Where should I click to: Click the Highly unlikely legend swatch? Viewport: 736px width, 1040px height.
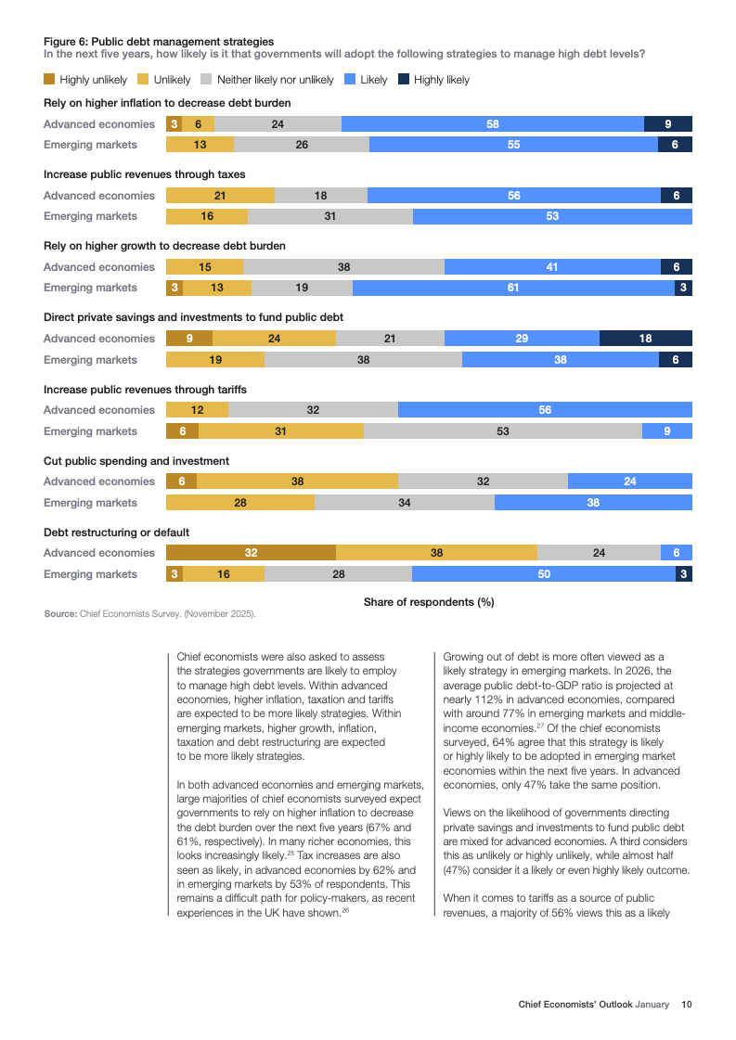click(50, 80)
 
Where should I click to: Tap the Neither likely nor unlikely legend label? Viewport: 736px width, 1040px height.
click(275, 80)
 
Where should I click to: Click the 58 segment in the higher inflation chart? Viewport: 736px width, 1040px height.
click(493, 124)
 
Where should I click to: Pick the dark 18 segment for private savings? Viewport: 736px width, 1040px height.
click(646, 339)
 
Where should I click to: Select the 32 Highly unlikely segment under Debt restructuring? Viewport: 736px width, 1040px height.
click(251, 553)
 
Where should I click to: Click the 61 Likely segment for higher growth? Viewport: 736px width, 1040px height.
click(513, 288)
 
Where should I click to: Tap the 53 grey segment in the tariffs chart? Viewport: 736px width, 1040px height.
click(503, 431)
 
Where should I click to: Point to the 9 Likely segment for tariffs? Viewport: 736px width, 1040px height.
click(667, 431)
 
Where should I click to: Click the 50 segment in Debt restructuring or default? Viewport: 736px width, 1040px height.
click(544, 574)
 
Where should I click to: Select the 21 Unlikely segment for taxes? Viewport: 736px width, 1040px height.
click(220, 196)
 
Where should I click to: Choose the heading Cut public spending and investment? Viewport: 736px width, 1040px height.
click(136, 461)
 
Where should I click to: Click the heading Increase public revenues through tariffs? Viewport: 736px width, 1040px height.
click(146, 390)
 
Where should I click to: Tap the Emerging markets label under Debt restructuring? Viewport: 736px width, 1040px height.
click(91, 574)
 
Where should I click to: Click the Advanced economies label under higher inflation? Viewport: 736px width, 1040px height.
click(99, 124)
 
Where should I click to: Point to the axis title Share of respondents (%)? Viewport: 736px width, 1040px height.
click(429, 602)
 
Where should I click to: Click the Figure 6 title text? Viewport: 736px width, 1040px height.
click(159, 41)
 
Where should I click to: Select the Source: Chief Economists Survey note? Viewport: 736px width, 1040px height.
click(150, 614)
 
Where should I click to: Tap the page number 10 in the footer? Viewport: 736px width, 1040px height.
click(686, 1004)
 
